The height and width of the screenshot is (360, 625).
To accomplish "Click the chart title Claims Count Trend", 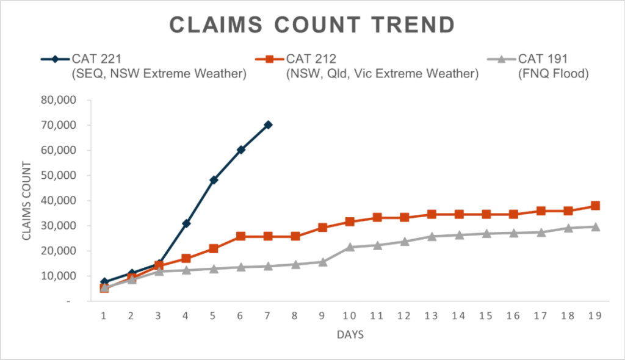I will coord(312,25).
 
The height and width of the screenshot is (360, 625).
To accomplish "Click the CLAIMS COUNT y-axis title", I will coord(28,200).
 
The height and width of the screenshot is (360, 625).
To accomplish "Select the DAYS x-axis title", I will coord(349,335).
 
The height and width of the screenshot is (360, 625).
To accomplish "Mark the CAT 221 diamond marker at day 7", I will coord(268,124).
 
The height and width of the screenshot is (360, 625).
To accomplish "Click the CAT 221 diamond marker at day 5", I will coord(214,180).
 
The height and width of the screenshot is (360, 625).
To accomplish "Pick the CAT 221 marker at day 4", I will coord(186,223).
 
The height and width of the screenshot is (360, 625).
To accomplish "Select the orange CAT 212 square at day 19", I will coord(595,206).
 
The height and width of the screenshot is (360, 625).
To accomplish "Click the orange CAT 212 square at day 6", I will coord(240,236).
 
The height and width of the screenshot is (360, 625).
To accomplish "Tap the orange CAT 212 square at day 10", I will coord(350,221).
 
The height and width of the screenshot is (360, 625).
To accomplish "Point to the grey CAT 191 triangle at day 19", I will coord(595,226).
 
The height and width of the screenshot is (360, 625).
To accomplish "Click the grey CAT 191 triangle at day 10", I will coord(350,247).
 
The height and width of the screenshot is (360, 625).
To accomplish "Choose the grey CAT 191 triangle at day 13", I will coord(432,236).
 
